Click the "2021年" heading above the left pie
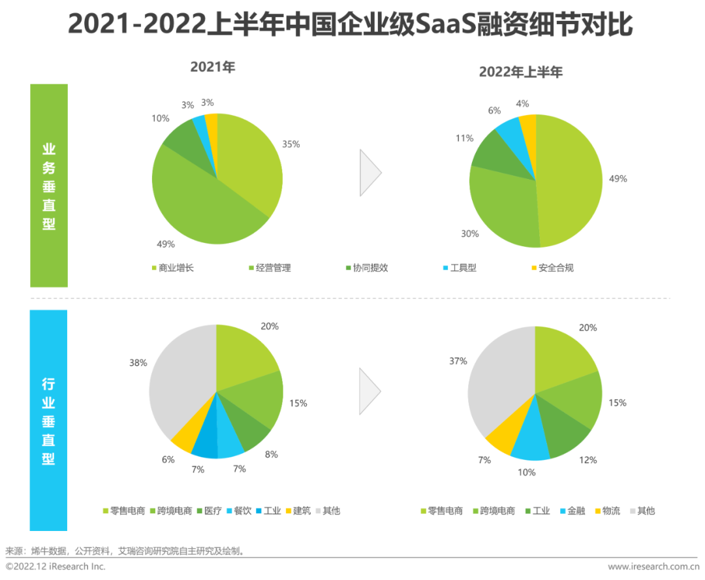[212, 67]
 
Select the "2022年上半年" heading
[520, 72]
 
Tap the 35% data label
[291, 144]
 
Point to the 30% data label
[470, 234]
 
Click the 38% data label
[138, 362]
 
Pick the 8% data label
[272, 454]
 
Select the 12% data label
[588, 460]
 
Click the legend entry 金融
[580, 511]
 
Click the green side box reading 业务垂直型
[49, 185]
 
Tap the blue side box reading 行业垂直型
[49, 420]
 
